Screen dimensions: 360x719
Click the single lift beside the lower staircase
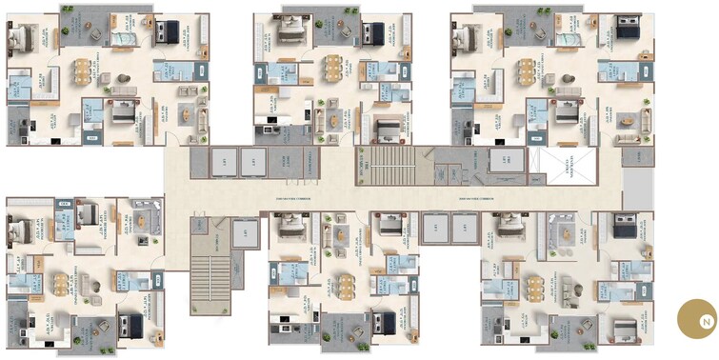(246, 233)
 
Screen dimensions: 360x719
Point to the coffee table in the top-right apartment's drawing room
(630, 120)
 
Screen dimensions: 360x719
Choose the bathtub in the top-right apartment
(569, 38)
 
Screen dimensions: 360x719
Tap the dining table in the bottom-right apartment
(536, 287)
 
